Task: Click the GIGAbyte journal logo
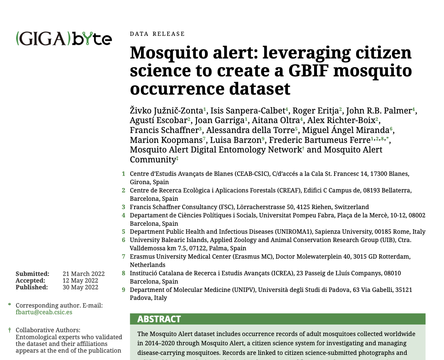(x=64, y=39)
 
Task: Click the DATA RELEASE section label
(x=157, y=34)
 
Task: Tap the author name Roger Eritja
(x=315, y=111)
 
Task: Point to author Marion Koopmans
(x=166, y=140)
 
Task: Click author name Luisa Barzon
(x=236, y=140)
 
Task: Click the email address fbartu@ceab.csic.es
(x=44, y=312)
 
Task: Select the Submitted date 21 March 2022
(x=83, y=274)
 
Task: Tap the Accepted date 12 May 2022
(x=80, y=280)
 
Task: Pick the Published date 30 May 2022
(x=80, y=287)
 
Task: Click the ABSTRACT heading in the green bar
(x=159, y=319)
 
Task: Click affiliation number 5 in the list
(x=123, y=232)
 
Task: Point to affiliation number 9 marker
(x=123, y=290)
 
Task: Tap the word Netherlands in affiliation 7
(x=147, y=265)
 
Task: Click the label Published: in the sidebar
(x=32, y=287)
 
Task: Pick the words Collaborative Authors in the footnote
(x=48, y=330)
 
